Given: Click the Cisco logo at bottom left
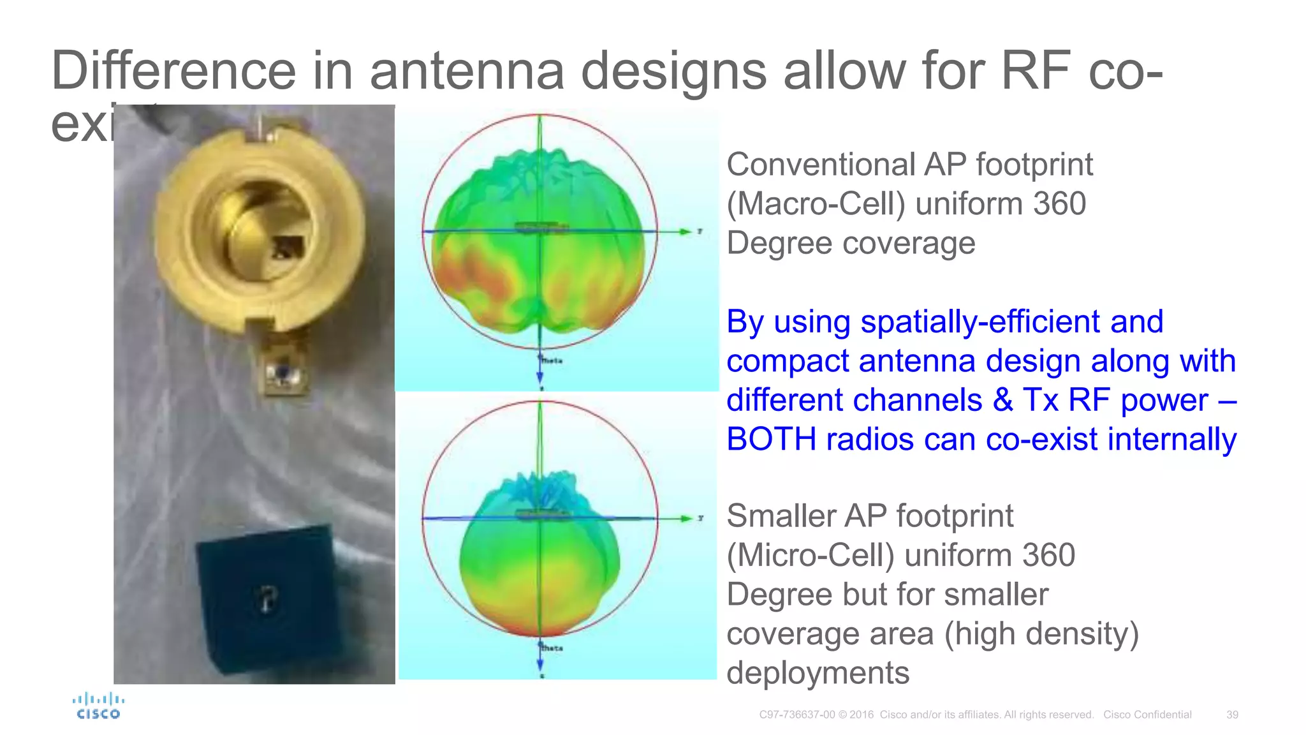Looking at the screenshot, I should pyautogui.click(x=98, y=706).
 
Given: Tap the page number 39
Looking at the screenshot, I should pyautogui.click(x=1232, y=715).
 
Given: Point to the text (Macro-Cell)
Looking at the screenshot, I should pyautogui.click(x=816, y=204).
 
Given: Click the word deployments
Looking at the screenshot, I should pyautogui.click(x=818, y=673).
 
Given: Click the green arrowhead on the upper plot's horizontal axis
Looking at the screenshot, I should pyautogui.click(x=685, y=232).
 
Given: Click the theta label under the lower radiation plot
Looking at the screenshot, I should pyautogui.click(x=552, y=648).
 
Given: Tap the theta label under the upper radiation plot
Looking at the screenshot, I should pyautogui.click(x=552, y=360).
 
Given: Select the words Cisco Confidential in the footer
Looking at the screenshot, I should pyautogui.click(x=1147, y=715).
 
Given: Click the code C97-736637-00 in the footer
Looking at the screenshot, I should pyautogui.click(x=796, y=715).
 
